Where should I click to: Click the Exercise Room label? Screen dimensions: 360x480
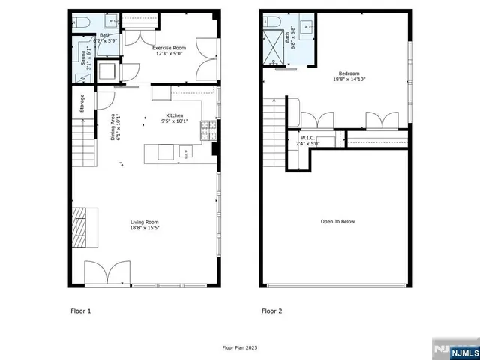point(170,51)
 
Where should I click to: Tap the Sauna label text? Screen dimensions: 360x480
point(82,55)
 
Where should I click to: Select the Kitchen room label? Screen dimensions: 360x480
point(177,118)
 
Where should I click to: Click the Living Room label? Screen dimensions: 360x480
point(144,224)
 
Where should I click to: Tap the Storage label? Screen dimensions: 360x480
point(82,103)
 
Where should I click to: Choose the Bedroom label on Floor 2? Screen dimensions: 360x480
point(348,76)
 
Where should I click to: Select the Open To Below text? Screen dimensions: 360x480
point(337,222)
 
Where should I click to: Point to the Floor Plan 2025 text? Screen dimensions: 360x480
point(239,347)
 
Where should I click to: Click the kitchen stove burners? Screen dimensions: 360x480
point(206,132)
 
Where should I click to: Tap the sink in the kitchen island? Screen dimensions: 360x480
point(185,152)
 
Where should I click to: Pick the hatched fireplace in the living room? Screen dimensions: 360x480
point(79,227)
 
